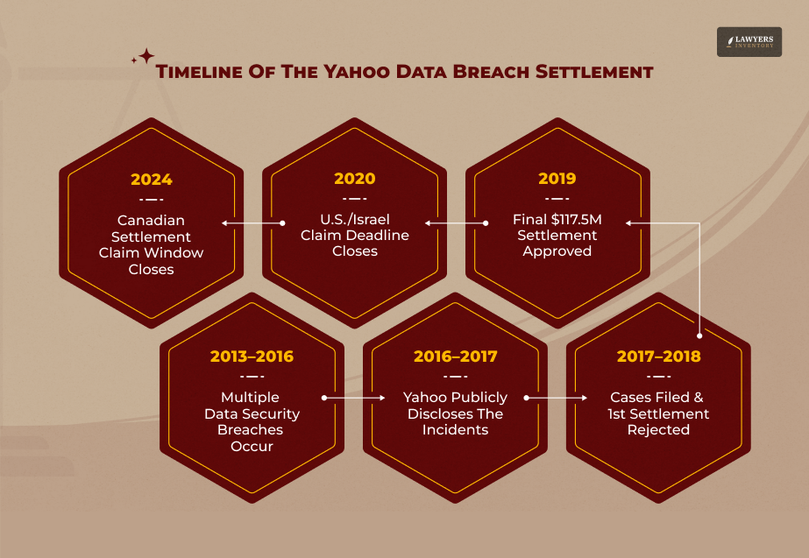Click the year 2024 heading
(152, 180)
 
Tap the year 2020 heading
(354, 180)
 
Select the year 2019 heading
(557, 180)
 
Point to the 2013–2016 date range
(252, 357)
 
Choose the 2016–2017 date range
(455, 357)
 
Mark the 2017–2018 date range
(659, 357)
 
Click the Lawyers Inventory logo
(749, 42)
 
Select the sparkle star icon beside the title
(143, 57)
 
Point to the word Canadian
(152, 220)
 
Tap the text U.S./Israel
(355, 219)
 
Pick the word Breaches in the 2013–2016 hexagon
(252, 430)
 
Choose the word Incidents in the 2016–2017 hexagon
(455, 430)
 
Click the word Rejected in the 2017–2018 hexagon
(658, 430)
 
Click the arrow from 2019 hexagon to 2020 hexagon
(456, 223)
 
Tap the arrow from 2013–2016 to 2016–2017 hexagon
(354, 398)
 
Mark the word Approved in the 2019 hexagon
(557, 251)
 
